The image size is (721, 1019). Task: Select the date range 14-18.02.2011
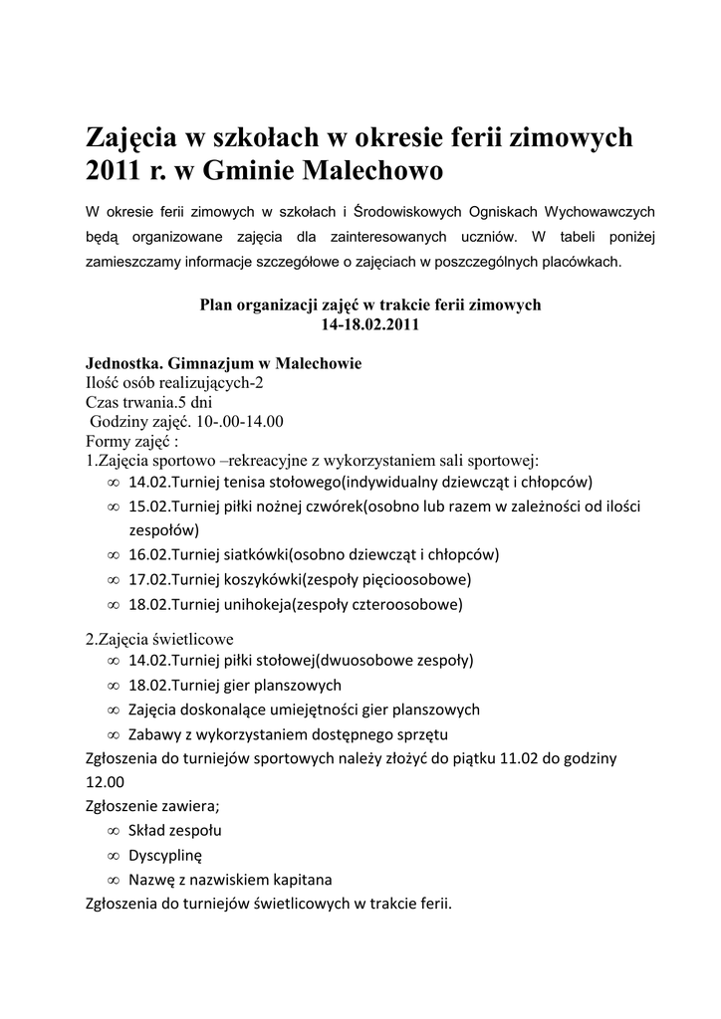(x=370, y=324)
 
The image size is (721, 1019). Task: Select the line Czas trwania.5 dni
(x=149, y=401)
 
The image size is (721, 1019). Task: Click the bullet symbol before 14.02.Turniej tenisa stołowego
(x=113, y=483)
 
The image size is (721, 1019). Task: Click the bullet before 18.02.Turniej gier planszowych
(x=113, y=686)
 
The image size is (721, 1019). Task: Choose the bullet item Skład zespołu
(x=175, y=830)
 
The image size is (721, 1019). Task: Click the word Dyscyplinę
(x=165, y=855)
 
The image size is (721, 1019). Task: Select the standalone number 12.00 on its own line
(x=106, y=783)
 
